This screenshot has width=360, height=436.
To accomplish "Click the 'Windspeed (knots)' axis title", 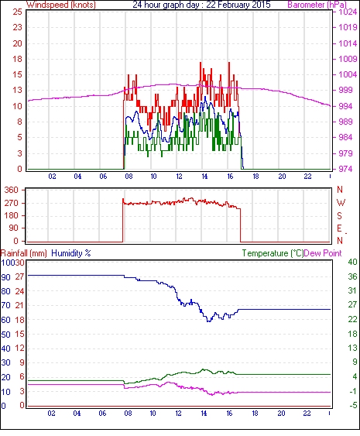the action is (x=61, y=5).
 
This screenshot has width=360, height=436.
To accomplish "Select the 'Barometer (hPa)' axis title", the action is (x=317, y=5).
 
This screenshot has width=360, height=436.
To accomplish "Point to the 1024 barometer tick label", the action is (x=348, y=12).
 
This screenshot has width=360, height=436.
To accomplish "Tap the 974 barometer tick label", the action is (x=345, y=169).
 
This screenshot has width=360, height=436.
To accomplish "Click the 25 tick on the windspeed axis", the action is (x=17, y=12).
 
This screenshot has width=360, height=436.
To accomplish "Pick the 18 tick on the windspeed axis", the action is (x=17, y=59).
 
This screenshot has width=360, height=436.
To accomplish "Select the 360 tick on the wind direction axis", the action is (x=12, y=191).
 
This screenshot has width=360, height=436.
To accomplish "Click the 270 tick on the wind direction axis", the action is (x=12, y=203).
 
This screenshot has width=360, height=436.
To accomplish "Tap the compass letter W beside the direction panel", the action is (x=341, y=203).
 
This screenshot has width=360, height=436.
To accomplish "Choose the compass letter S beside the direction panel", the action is (x=339, y=215).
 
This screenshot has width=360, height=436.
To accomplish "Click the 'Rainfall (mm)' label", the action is (x=24, y=253).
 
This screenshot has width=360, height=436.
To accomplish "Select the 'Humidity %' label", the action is (x=71, y=253).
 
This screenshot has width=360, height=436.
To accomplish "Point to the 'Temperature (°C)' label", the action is (x=273, y=253).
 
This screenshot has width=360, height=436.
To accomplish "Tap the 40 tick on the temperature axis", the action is (x=352, y=262).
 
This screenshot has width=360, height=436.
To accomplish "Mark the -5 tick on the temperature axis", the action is (x=353, y=406).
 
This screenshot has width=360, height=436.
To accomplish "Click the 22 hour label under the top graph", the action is (x=307, y=177).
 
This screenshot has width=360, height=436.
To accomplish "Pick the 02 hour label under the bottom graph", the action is (x=51, y=414).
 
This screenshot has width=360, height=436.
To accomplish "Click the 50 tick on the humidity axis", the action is (x=5, y=335).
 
